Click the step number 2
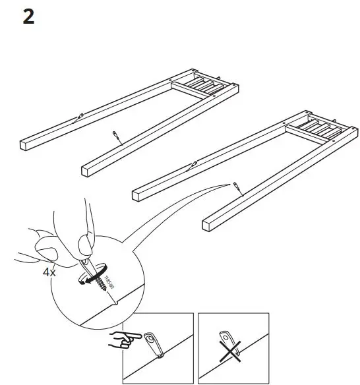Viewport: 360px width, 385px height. pyautogui.click(x=28, y=17)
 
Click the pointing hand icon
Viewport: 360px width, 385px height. pyautogui.click(x=125, y=341)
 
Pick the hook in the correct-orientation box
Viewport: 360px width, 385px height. pyautogui.click(x=154, y=345)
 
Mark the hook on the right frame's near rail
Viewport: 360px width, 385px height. pyautogui.click(x=236, y=188)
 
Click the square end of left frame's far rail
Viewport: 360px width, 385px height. pyautogui.click(x=24, y=144)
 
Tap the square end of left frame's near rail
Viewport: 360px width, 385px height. pyautogui.click(x=86, y=171)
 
